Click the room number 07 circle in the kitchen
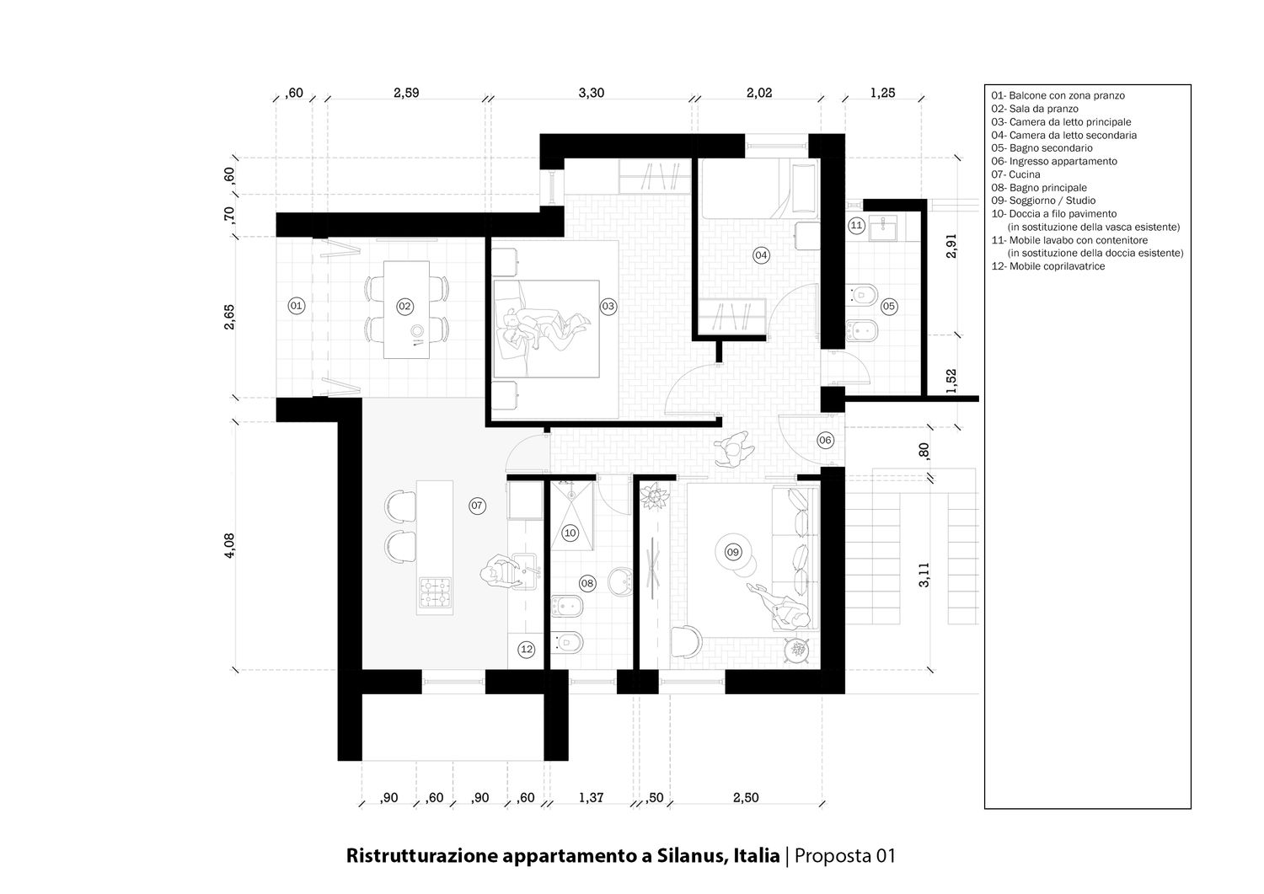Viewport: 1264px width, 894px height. coord(477,505)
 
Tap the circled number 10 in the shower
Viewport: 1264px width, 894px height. coord(570,533)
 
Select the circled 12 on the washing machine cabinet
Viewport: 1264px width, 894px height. coord(527,649)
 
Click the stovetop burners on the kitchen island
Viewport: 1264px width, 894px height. coord(435,592)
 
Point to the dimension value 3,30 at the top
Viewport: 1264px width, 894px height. coord(592,93)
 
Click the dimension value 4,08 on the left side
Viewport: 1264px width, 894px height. coord(229,546)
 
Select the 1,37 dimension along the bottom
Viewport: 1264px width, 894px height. coord(591,797)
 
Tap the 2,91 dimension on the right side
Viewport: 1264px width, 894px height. coord(951,245)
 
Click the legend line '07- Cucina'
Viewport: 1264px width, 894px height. coord(1015,174)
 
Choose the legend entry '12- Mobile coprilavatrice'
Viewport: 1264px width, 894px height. coord(1048,266)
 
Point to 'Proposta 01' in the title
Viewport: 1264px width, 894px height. coord(844,855)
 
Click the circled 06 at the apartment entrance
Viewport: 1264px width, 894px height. coord(825,440)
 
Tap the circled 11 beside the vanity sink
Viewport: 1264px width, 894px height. coord(856,226)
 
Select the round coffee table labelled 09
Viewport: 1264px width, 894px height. coord(732,552)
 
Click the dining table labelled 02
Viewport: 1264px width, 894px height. coord(406,309)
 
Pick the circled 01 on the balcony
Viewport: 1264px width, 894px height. coord(297,306)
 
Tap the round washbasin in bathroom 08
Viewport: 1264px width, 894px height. coord(622,581)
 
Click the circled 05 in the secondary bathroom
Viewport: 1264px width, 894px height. coord(889,307)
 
